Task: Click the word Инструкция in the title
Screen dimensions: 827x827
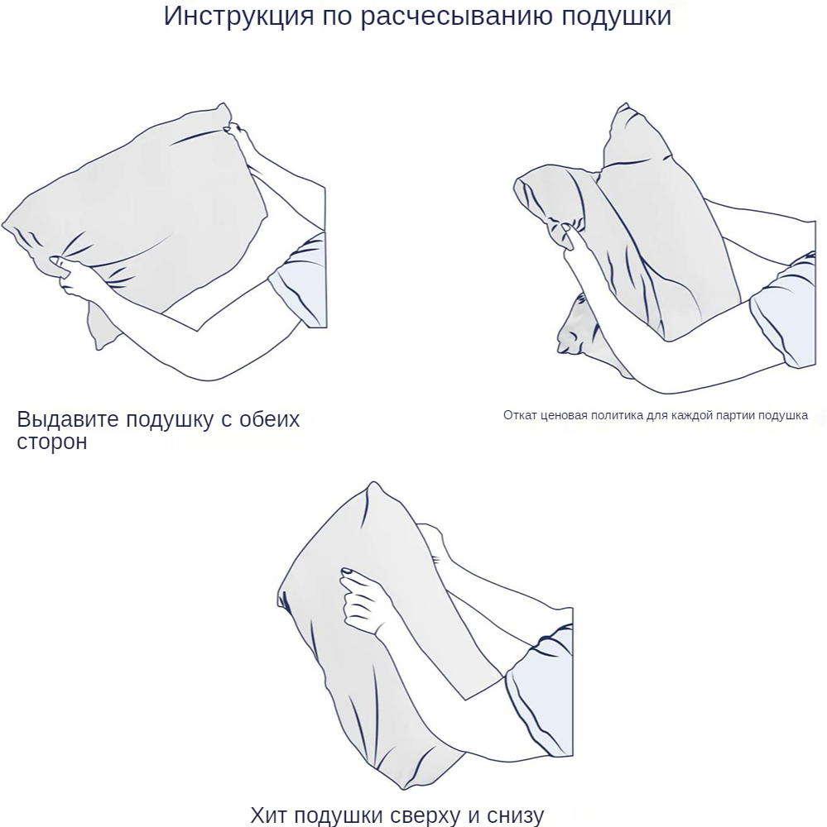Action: click(x=238, y=16)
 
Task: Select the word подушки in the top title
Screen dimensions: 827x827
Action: click(x=616, y=17)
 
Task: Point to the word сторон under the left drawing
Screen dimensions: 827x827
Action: click(x=52, y=442)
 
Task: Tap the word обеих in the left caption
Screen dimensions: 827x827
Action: click(x=269, y=418)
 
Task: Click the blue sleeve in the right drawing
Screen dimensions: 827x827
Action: click(x=784, y=311)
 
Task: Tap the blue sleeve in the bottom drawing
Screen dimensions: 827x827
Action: click(x=541, y=691)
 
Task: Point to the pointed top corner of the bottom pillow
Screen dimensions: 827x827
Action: click(x=373, y=483)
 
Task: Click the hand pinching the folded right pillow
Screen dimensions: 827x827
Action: click(x=574, y=240)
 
